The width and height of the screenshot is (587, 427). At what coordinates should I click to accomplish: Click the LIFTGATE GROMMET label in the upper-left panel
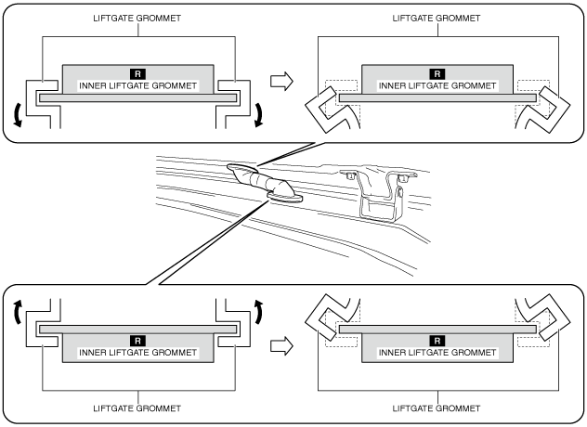click(137, 18)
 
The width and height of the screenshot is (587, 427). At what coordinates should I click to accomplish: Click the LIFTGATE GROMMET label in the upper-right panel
click(437, 18)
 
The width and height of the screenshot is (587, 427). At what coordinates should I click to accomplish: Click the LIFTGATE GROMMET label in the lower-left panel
click(137, 408)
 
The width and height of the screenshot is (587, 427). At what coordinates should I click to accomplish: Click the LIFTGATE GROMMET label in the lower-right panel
click(437, 408)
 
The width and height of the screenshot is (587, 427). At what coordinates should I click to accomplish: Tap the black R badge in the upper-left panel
click(137, 72)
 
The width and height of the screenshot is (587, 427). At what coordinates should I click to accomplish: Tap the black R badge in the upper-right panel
click(437, 72)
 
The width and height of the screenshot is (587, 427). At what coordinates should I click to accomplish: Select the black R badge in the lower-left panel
click(137, 341)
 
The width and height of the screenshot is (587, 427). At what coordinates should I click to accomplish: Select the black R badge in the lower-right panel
click(437, 341)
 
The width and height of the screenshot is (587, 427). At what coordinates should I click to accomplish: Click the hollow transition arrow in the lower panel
click(280, 345)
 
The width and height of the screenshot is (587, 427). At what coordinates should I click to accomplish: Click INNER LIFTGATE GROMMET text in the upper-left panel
click(137, 85)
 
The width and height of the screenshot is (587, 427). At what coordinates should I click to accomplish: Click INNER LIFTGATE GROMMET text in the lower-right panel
click(437, 353)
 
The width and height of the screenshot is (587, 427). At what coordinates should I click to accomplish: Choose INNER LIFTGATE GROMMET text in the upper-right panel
click(437, 85)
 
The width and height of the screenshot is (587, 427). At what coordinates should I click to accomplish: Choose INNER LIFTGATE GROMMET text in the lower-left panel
click(137, 353)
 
